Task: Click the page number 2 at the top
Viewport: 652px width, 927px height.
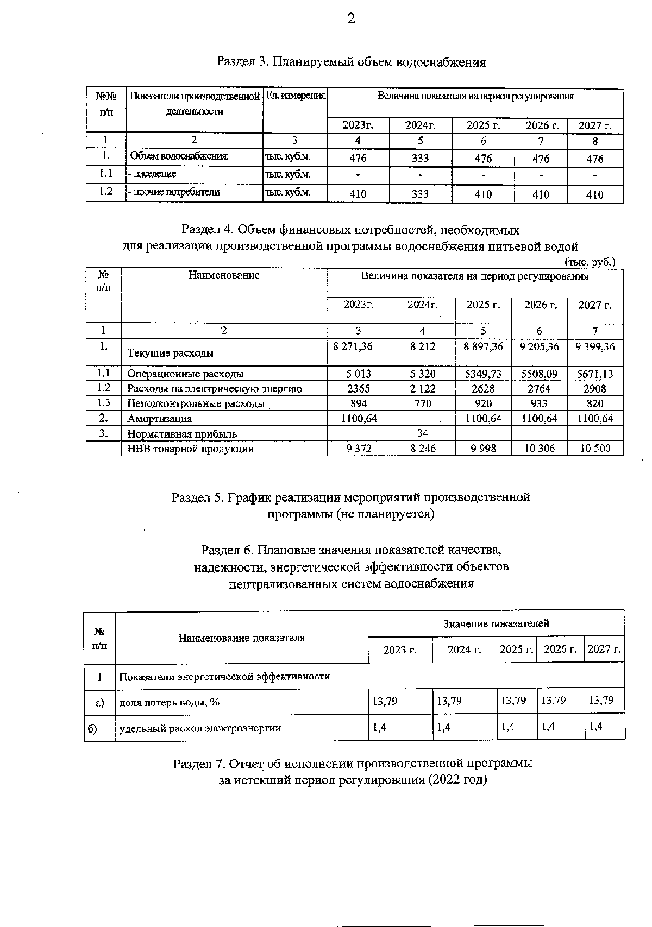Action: (x=351, y=20)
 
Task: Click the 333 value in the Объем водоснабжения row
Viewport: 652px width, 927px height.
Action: (x=420, y=159)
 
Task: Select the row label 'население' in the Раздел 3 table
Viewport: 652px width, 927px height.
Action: (x=153, y=174)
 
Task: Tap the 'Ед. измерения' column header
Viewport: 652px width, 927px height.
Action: (x=295, y=96)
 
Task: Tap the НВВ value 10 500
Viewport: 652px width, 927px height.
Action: (x=595, y=449)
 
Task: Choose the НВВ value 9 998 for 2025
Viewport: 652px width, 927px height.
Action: (x=483, y=449)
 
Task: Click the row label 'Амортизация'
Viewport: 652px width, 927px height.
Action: (x=160, y=419)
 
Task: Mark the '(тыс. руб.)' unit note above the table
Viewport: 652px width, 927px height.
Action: (x=590, y=262)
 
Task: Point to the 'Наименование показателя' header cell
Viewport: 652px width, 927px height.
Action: (x=241, y=638)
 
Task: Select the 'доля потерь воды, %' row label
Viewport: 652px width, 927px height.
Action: (x=170, y=702)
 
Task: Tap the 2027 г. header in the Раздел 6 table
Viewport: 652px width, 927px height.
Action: (x=604, y=649)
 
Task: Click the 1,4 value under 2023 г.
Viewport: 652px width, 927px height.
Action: (x=379, y=728)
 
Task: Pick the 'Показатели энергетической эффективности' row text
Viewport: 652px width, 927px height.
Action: (x=224, y=677)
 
